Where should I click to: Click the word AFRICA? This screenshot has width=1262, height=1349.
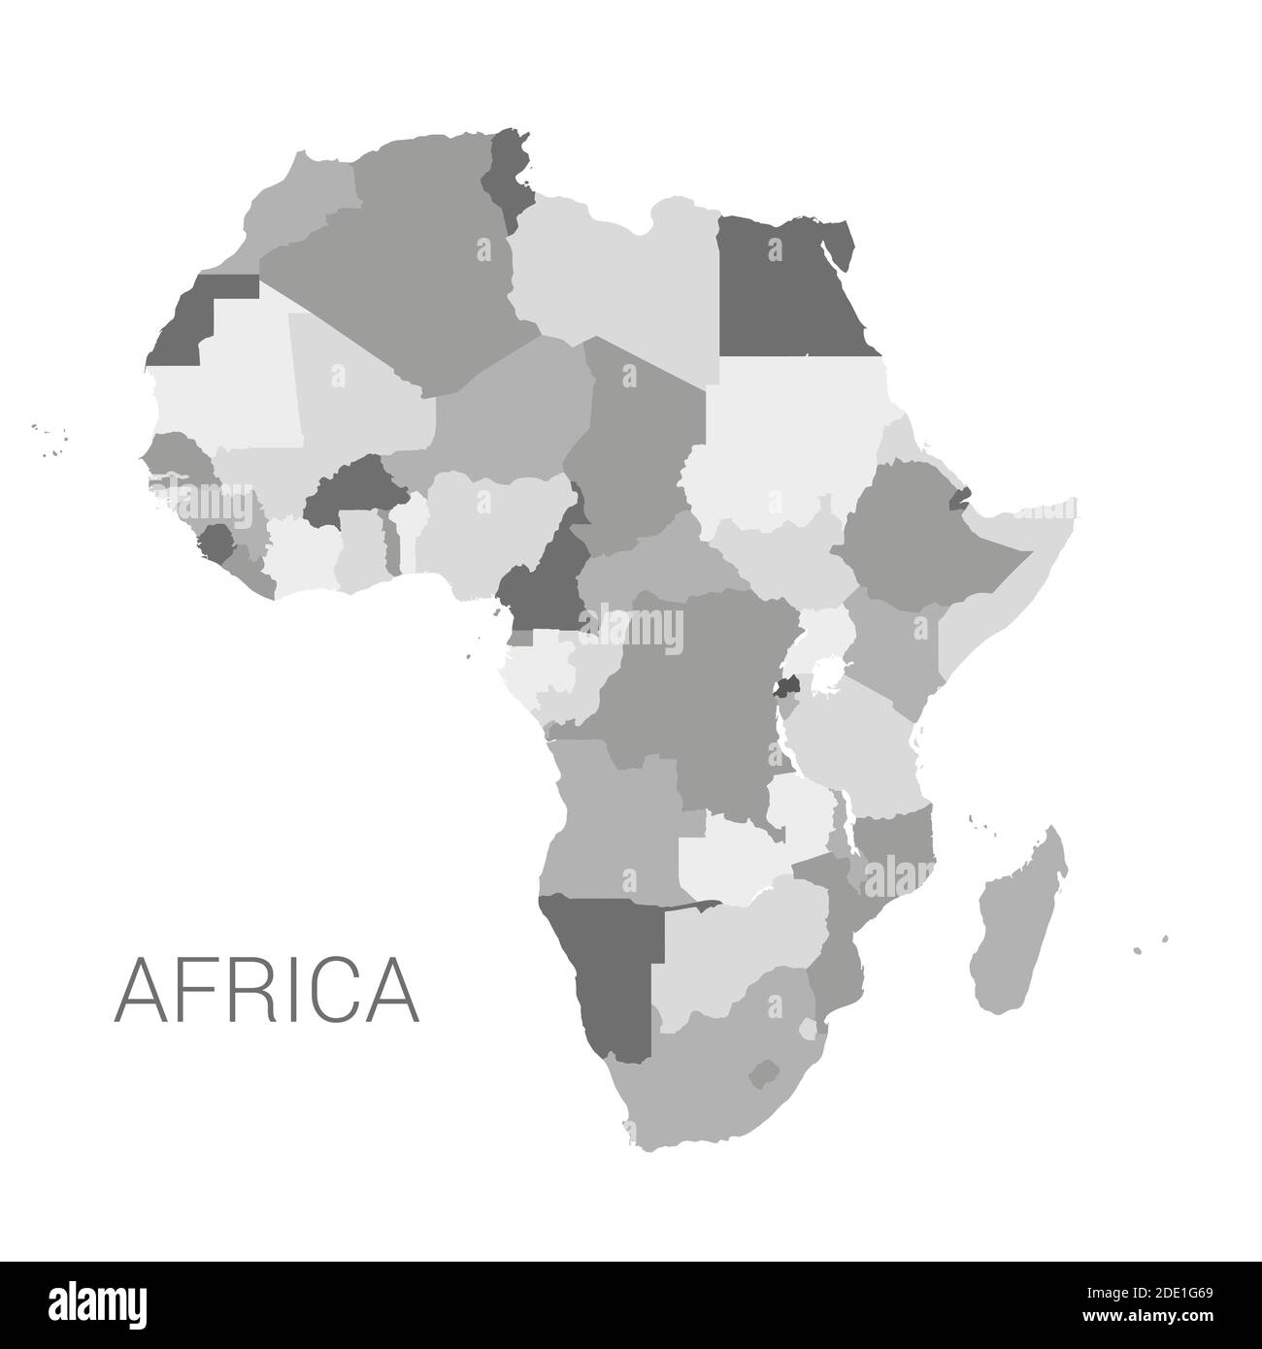pyautogui.click(x=267, y=989)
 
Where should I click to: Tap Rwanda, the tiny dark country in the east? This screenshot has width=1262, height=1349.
pyautogui.click(x=788, y=687)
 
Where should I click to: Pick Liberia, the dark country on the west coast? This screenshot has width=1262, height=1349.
pyautogui.click(x=219, y=543)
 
